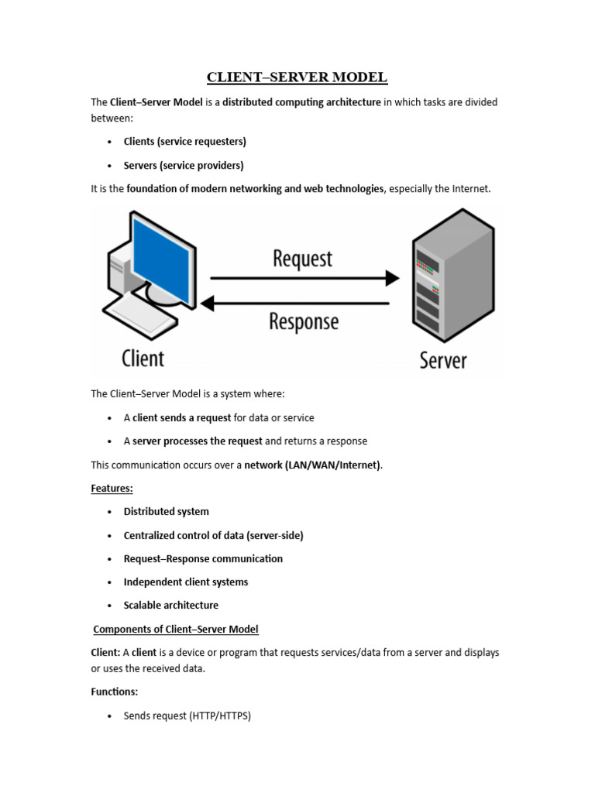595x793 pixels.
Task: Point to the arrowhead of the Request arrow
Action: coord(393,278)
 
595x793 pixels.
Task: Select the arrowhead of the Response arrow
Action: coord(208,304)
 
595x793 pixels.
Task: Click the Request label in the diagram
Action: coord(303,259)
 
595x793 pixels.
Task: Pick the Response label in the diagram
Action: coord(304,321)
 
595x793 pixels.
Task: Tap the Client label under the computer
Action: coord(143,358)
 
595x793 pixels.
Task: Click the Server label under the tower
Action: coord(443,360)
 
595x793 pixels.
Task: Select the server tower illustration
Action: coord(453,275)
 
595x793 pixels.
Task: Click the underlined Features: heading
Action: coord(112,488)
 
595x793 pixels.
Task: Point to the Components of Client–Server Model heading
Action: coord(176,629)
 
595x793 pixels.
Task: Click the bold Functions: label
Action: coord(115,692)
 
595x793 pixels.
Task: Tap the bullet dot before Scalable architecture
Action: coord(109,606)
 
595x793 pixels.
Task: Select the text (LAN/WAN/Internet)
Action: coord(333,465)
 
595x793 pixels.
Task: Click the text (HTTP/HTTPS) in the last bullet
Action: coord(220,716)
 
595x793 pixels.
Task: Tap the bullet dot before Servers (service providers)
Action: coord(109,166)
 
